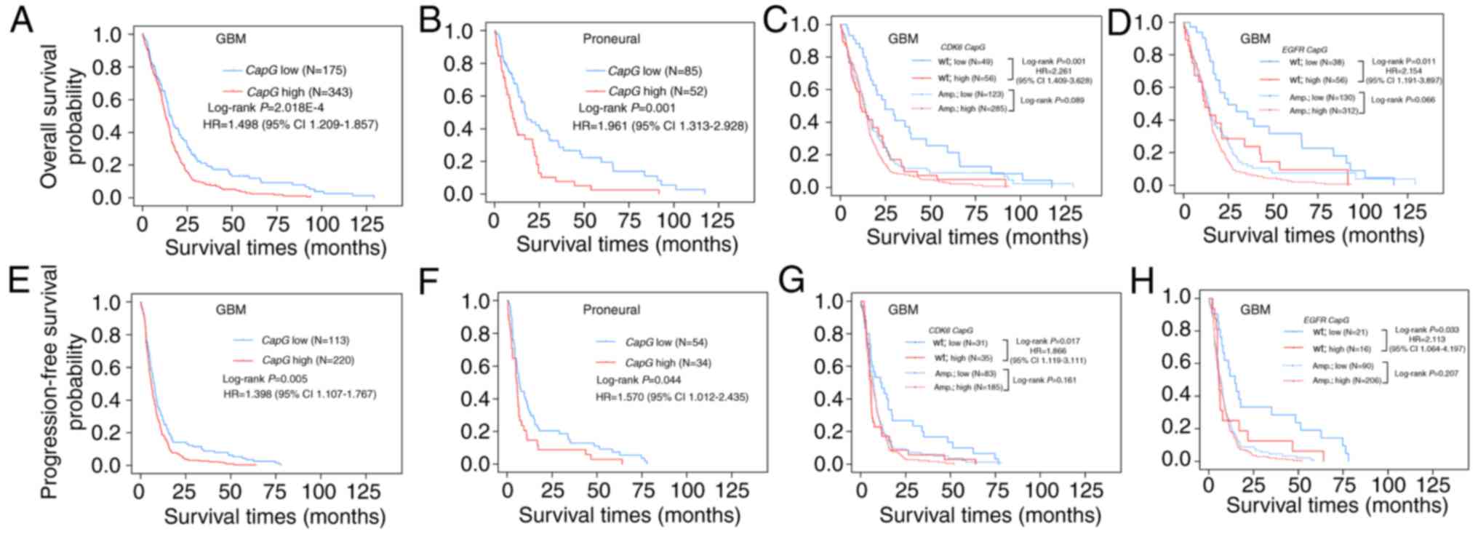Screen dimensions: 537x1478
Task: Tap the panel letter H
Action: (1142, 282)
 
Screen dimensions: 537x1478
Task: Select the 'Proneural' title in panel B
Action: (611, 39)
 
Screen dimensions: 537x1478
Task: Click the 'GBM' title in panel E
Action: (231, 309)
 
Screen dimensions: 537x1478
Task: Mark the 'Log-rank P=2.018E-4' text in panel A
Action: (264, 108)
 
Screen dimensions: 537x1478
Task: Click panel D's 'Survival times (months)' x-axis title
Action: (1313, 235)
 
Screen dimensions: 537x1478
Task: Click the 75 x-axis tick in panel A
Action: (278, 223)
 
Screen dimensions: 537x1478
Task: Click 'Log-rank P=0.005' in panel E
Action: (265, 378)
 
